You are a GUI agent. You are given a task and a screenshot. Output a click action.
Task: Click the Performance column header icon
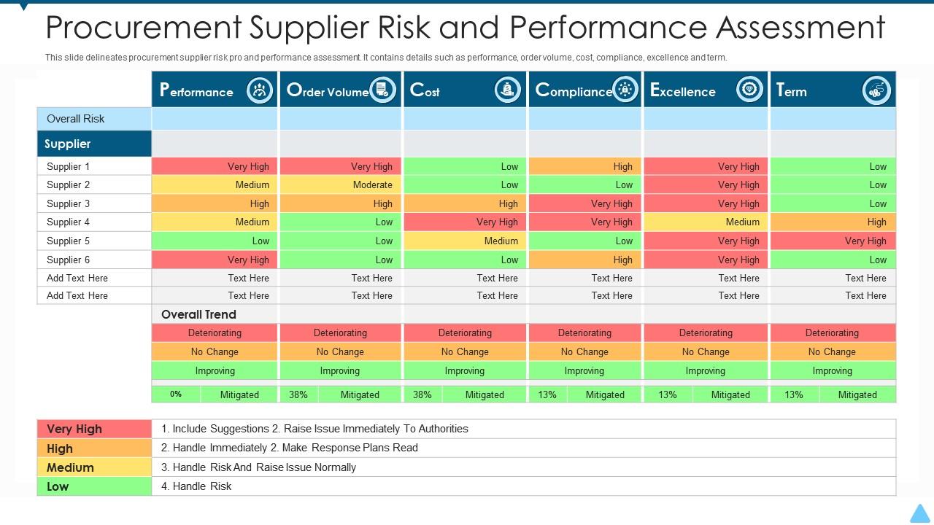pos(259,90)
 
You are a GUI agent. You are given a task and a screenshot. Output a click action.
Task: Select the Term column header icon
pos(876,90)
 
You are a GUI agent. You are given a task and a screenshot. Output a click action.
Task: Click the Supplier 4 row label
pos(69,222)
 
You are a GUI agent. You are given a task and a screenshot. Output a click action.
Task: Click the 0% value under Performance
pos(176,394)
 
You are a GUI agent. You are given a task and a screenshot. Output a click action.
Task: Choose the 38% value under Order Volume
pos(298,394)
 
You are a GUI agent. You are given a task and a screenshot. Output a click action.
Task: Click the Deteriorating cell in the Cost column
pos(465,332)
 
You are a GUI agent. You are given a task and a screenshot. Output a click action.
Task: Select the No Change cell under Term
pos(832,351)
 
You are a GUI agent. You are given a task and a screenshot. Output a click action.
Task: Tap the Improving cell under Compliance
pos(584,370)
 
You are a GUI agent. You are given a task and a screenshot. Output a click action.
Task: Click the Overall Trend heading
pos(198,314)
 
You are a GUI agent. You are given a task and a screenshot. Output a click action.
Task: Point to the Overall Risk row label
pos(76,119)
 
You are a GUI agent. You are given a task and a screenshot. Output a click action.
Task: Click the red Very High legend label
pos(74,429)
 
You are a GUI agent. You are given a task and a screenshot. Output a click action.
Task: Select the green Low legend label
pos(58,486)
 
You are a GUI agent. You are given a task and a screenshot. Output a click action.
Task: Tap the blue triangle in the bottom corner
pos(920,513)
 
